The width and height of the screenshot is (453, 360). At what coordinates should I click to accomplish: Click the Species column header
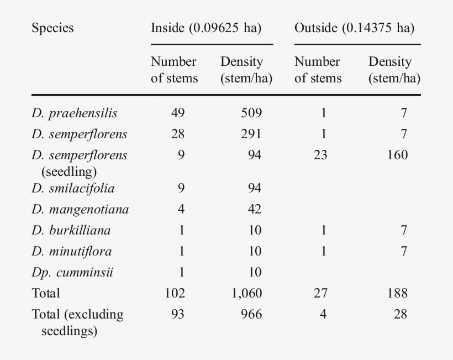click(x=52, y=28)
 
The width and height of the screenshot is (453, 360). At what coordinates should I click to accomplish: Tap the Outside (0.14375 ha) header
click(x=354, y=28)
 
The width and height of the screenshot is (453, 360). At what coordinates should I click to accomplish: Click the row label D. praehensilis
click(x=75, y=113)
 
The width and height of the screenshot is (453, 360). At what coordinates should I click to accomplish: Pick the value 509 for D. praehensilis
click(x=251, y=113)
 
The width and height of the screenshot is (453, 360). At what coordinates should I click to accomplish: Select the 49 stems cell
click(x=177, y=113)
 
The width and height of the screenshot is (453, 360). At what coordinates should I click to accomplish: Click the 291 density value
click(x=251, y=134)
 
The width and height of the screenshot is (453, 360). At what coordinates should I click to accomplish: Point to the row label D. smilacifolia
click(x=73, y=189)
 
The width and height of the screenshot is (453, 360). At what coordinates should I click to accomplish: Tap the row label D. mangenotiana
click(x=80, y=210)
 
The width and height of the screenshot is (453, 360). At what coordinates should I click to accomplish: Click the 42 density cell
click(x=255, y=210)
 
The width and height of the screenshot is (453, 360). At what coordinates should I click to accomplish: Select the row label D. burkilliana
click(x=71, y=231)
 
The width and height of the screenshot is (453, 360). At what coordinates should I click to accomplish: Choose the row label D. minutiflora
click(x=72, y=252)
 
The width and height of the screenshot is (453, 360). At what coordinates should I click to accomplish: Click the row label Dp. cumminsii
click(x=72, y=273)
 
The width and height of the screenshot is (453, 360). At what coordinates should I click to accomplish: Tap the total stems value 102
click(x=175, y=294)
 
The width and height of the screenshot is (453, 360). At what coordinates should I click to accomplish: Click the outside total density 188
click(x=397, y=294)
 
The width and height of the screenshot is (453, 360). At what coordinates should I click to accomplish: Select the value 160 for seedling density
click(x=397, y=155)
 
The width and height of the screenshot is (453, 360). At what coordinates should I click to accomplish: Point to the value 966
click(x=251, y=315)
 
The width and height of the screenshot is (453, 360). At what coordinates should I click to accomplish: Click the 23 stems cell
click(x=320, y=155)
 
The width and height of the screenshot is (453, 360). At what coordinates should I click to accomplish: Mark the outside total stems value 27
click(x=320, y=294)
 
